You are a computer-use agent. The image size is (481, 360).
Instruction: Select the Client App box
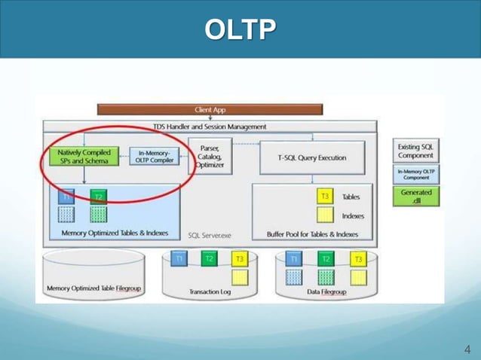click(x=210, y=110)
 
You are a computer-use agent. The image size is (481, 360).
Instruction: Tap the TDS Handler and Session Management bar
click(x=210, y=127)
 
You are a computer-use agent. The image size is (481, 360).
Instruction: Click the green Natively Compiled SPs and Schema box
click(x=83, y=156)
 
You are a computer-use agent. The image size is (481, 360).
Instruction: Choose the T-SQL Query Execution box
click(x=312, y=157)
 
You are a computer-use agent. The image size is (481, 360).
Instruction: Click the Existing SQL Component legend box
click(x=416, y=151)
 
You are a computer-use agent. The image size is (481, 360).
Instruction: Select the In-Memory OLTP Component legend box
click(x=416, y=174)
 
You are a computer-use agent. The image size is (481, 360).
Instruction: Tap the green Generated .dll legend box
click(x=416, y=197)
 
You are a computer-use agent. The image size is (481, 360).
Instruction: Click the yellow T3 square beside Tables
click(x=325, y=197)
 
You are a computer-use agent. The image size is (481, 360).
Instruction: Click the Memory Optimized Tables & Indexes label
click(x=115, y=233)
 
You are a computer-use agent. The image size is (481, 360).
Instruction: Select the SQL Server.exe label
click(x=210, y=235)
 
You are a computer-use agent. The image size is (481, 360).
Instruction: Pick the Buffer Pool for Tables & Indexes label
click(x=312, y=234)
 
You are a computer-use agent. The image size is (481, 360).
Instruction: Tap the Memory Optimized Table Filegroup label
click(x=93, y=288)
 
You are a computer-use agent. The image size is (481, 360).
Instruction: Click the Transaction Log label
click(x=209, y=291)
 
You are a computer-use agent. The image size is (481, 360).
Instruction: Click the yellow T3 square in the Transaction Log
click(x=239, y=259)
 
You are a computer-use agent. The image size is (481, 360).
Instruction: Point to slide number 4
click(x=467, y=349)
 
